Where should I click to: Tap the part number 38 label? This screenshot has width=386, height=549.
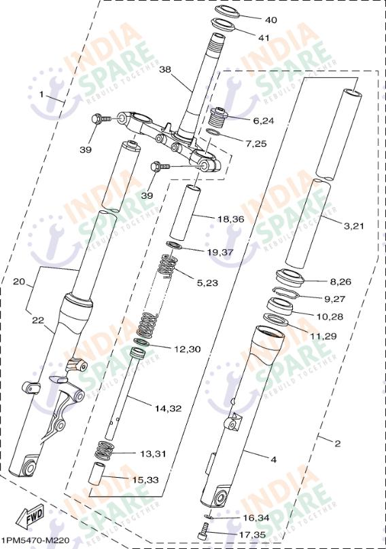click(165, 69)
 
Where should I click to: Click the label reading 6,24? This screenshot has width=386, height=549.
click(263, 121)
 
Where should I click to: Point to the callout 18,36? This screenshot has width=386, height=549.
click(230, 219)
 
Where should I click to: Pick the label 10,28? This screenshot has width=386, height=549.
click(330, 316)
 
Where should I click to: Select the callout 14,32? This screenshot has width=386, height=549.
click(168, 409)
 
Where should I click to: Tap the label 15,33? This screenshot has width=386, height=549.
click(145, 480)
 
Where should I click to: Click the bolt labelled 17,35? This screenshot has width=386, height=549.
click(203, 535)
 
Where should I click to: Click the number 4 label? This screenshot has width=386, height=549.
click(273, 459)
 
